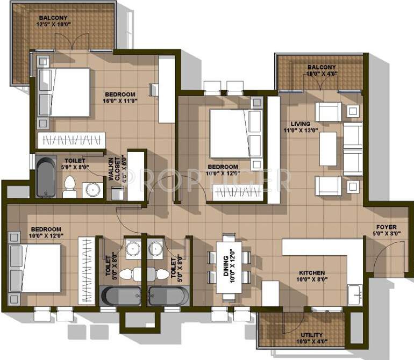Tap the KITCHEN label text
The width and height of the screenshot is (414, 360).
click(x=312, y=272)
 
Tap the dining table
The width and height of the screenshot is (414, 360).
click(x=230, y=267)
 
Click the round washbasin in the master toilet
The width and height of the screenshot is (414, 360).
click(x=92, y=189)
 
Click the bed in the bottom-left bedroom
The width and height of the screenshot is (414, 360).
click(x=34, y=267)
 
